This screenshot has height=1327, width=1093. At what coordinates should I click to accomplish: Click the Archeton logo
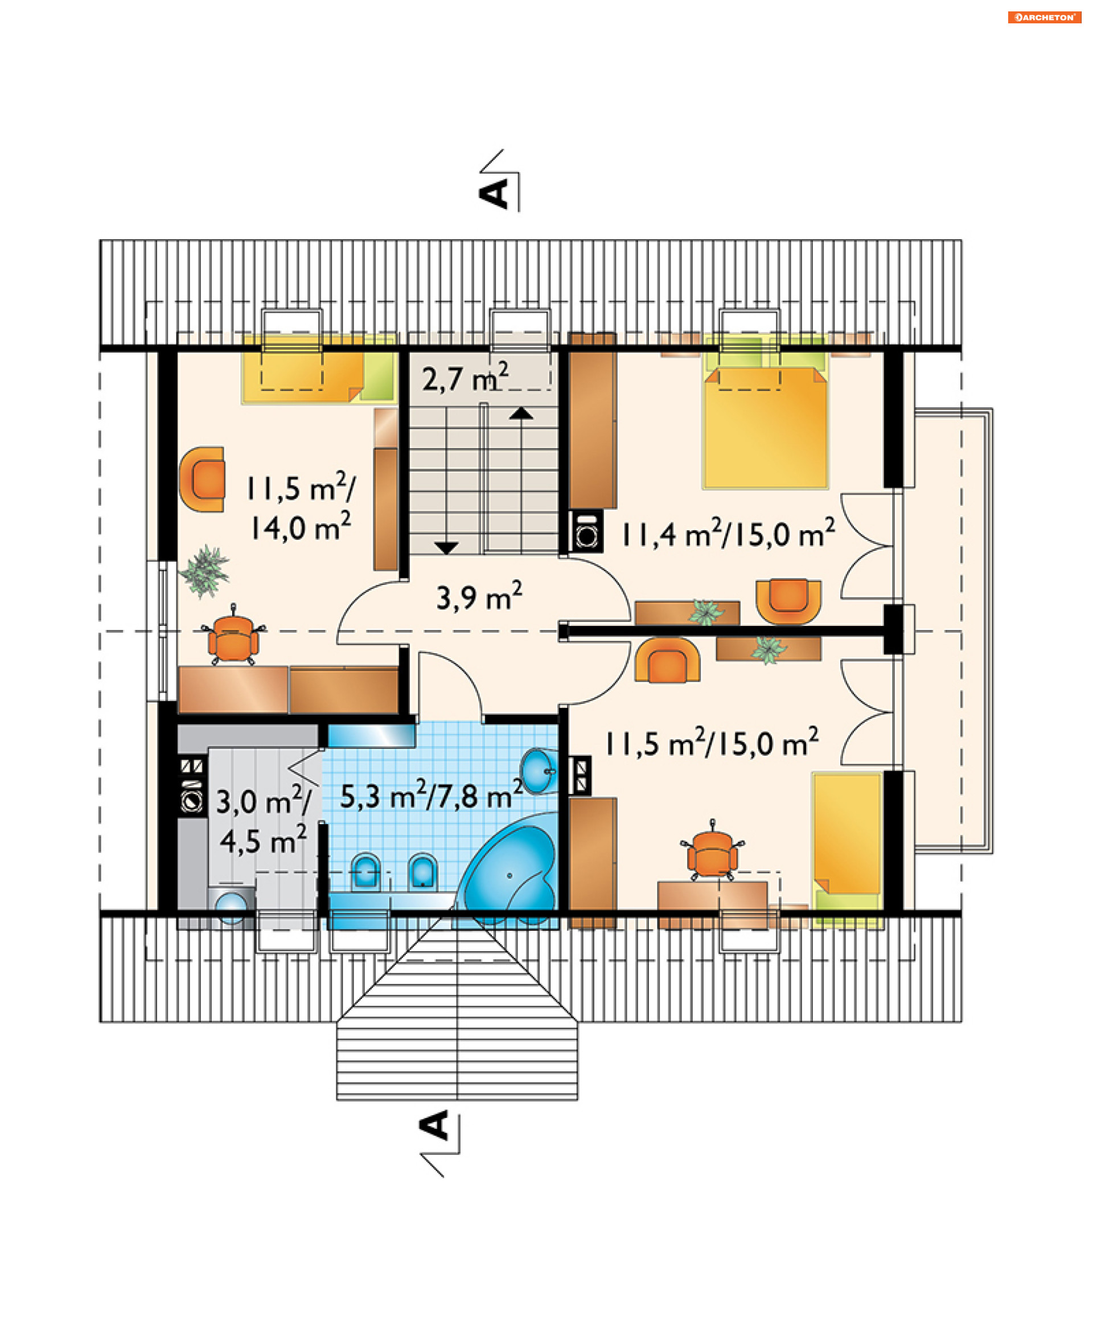[1044, 17]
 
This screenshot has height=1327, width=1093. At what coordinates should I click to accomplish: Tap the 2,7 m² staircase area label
[465, 378]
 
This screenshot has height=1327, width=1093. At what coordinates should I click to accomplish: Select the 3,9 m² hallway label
[479, 596]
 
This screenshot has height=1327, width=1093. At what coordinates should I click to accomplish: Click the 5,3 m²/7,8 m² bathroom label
[432, 795]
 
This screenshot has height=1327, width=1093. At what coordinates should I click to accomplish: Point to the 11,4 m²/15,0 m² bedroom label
[729, 533]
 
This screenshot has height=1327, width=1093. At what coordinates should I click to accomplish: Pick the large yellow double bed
[765, 427]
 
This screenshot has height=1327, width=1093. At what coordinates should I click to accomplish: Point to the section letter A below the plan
[434, 1125]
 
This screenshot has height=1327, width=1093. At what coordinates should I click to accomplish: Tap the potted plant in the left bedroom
[204, 571]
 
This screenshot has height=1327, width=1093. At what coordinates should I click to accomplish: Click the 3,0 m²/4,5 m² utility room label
[264, 820]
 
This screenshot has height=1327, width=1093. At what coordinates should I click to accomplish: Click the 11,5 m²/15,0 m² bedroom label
[712, 743]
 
